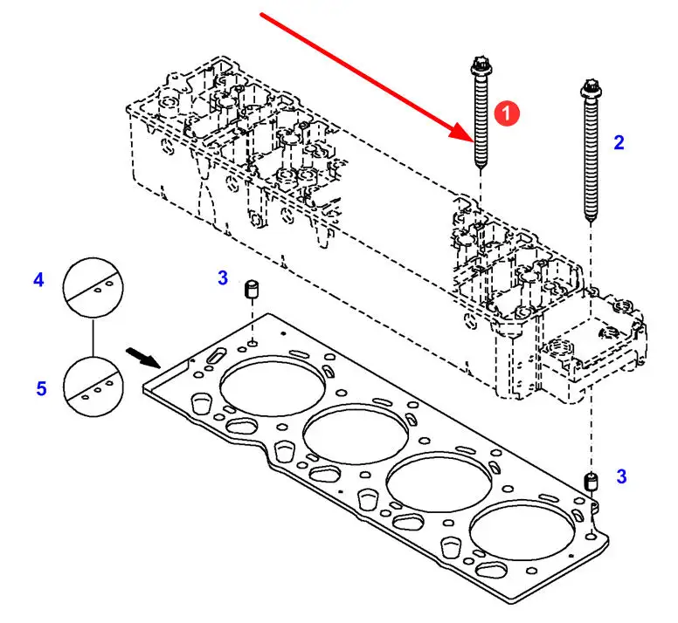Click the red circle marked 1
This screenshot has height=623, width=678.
pyautogui.click(x=507, y=113)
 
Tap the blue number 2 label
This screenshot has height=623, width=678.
pyautogui.click(x=619, y=142)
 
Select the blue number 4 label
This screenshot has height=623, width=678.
pyautogui.click(x=38, y=280)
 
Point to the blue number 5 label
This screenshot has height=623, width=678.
pyautogui.click(x=41, y=388)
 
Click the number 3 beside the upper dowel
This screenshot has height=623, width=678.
pyautogui.click(x=223, y=277)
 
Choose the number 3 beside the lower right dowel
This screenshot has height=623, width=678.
pyautogui.click(x=621, y=476)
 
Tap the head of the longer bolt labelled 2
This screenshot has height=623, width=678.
pyautogui.click(x=591, y=88)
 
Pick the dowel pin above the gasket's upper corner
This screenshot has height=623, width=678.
pyautogui.click(x=252, y=289)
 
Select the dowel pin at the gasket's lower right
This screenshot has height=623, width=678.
pyautogui.click(x=591, y=482)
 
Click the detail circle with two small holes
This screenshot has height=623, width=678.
pyautogui.click(x=93, y=287)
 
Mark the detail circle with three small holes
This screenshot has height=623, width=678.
pyautogui.click(x=93, y=387)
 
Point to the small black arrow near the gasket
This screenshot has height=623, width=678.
pyautogui.click(x=143, y=358)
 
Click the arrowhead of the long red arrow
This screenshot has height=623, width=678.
pyautogui.click(x=464, y=131)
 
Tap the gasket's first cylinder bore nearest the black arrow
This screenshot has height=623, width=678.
pyautogui.click(x=273, y=387)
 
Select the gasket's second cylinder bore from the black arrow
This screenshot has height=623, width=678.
pyautogui.click(x=356, y=435)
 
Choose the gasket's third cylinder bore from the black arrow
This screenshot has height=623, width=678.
pyautogui.click(x=439, y=483)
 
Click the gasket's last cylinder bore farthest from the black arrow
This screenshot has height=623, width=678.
pyautogui.click(x=522, y=531)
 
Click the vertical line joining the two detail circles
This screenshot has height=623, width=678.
pyautogui.click(x=93, y=337)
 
